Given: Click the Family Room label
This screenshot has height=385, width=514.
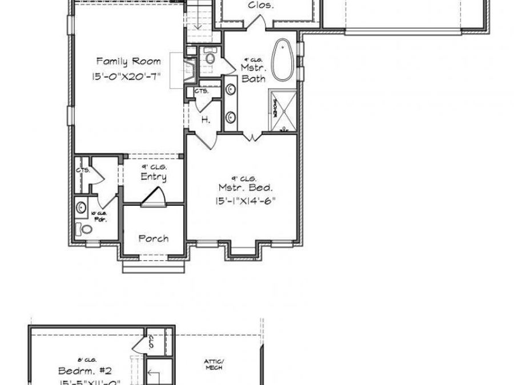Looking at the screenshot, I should (x=128, y=61).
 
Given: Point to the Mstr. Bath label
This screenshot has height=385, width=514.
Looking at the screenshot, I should (x=252, y=73).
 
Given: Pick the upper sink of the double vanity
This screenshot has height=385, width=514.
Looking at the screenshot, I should (x=231, y=90).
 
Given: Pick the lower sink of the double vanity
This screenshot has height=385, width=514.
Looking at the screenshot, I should (x=231, y=117).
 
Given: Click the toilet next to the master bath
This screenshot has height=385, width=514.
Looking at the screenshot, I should (x=209, y=57).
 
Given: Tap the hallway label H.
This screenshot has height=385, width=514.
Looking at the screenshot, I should (x=204, y=120).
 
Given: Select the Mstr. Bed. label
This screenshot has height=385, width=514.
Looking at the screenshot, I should (x=246, y=187).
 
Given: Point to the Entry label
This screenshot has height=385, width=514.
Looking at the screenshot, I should (x=154, y=177).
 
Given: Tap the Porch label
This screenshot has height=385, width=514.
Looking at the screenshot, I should (x=153, y=238).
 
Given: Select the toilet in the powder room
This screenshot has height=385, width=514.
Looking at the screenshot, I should (x=86, y=229).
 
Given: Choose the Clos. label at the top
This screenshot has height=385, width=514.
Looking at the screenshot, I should (x=261, y=6).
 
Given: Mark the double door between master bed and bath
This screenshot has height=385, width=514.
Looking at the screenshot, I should (x=251, y=136).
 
